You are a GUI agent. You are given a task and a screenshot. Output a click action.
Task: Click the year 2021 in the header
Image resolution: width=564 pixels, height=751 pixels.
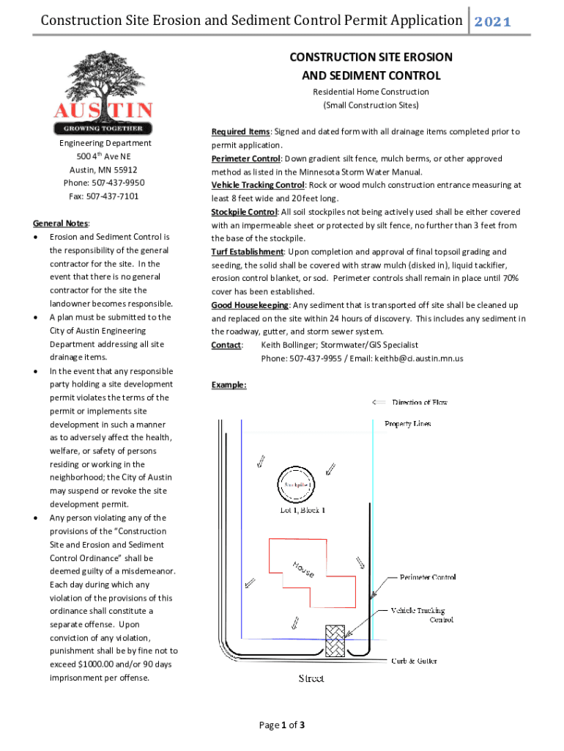pyautogui.click(x=491, y=21)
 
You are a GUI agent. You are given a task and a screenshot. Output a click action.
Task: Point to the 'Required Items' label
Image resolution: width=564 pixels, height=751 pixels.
pyautogui.click(x=240, y=132)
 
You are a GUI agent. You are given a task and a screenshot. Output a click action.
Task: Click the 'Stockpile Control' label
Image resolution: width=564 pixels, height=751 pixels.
pyautogui.click(x=245, y=212)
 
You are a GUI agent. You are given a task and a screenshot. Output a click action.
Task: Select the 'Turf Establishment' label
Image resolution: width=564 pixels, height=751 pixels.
pyautogui.click(x=248, y=252)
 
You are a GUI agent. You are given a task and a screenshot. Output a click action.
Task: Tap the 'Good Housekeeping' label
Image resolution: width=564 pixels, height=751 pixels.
pyautogui.click(x=250, y=305)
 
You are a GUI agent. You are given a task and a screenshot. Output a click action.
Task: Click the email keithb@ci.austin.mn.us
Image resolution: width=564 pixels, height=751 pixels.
pyautogui.click(x=419, y=359)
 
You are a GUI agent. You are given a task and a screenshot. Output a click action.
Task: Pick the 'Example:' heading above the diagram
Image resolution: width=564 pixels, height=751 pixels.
pyautogui.click(x=229, y=385)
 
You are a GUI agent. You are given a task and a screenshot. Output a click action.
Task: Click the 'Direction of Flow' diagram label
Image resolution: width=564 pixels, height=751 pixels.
pyautogui.click(x=419, y=402)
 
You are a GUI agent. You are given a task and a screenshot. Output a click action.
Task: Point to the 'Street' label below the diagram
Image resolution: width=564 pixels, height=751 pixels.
pyautogui.click(x=311, y=678)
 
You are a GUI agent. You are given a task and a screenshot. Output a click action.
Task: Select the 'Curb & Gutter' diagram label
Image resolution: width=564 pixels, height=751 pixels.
pyautogui.click(x=414, y=661)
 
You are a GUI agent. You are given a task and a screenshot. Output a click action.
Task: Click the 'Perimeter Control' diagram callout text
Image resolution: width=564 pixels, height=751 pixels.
pyautogui.click(x=428, y=577)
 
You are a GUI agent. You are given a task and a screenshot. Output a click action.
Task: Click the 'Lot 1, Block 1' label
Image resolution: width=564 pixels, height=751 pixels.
pyautogui.click(x=303, y=510)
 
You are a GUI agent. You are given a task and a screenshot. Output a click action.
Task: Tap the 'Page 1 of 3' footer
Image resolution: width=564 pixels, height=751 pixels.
pyautogui.click(x=282, y=725)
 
